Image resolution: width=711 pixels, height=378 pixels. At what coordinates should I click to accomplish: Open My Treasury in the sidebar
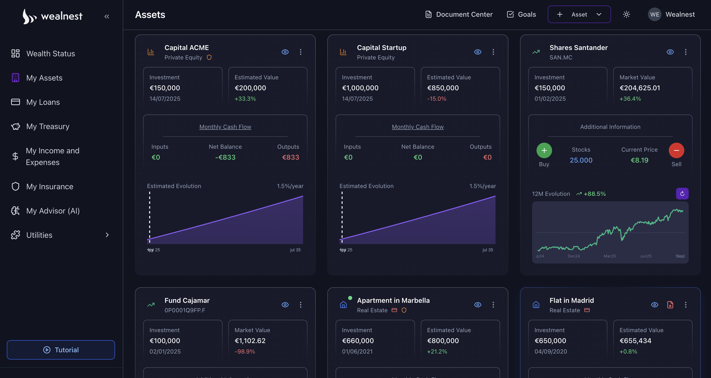tap(48, 126)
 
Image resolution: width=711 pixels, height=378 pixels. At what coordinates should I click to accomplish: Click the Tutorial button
tap(61, 350)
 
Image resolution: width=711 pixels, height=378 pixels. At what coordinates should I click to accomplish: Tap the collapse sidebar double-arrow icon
tap(107, 16)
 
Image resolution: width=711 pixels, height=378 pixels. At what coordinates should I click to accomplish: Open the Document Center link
tap(459, 14)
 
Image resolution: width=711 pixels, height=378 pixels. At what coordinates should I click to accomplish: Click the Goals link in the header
tap(521, 14)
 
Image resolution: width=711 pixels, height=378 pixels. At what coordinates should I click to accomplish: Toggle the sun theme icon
tap(626, 14)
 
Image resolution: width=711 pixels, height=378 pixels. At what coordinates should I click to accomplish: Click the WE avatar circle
tap(654, 14)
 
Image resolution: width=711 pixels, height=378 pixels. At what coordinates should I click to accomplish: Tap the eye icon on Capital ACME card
tap(285, 52)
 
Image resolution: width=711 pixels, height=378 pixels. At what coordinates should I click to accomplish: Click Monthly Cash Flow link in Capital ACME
tap(225, 127)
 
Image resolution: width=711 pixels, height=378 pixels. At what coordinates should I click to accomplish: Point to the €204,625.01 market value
tap(639, 88)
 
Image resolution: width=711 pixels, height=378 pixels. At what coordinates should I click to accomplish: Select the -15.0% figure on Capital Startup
tap(436, 99)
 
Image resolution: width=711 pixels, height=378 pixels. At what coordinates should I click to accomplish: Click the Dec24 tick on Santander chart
tap(574, 256)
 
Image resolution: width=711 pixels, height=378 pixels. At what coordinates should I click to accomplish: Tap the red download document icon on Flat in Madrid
tap(670, 304)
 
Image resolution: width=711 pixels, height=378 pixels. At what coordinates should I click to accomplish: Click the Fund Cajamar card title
tap(187, 300)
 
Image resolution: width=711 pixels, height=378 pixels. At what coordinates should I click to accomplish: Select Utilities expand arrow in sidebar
tap(107, 235)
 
